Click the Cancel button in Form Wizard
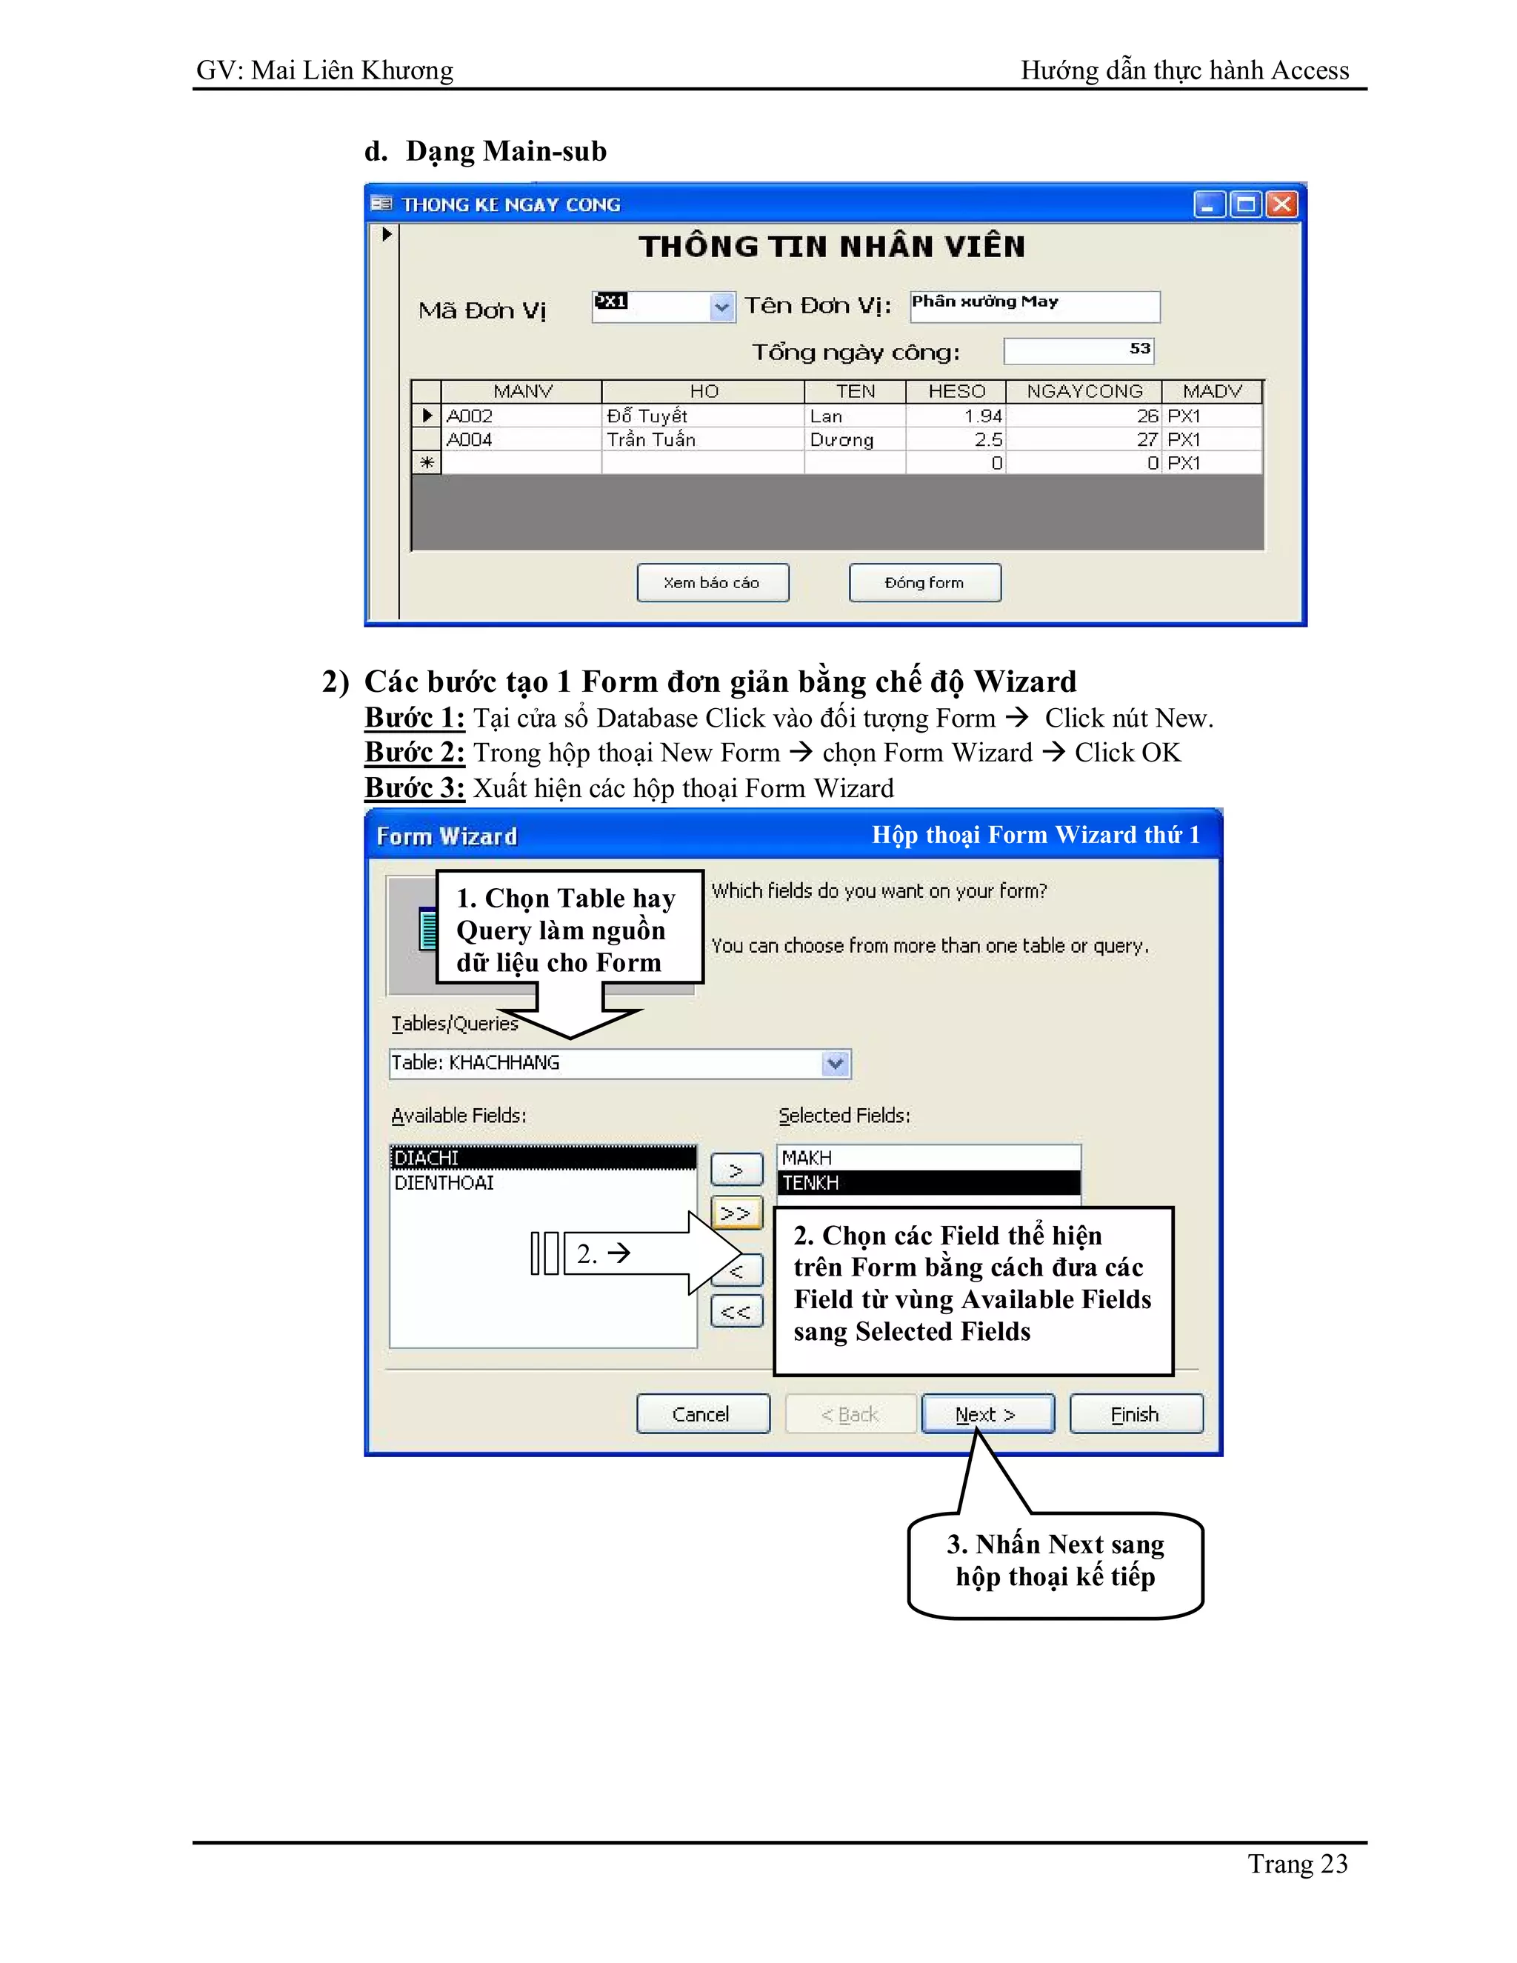pos(702,1414)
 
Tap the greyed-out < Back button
pos(850,1414)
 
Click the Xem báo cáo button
pos(712,582)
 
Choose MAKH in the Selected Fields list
pos(807,1158)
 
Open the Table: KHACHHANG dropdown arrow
pos(835,1063)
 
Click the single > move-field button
pos(736,1170)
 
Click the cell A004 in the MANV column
pos(470,439)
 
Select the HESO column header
pos(956,392)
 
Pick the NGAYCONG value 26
pos(1147,416)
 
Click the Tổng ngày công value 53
pos(1139,349)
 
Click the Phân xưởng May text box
pos(1033,306)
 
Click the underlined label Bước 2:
pos(414,753)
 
